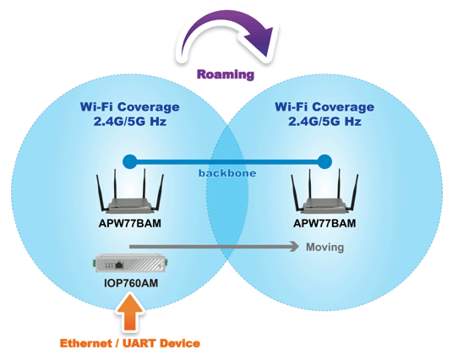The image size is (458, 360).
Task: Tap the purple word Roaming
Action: click(x=226, y=74)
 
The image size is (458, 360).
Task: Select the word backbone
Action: click(x=227, y=173)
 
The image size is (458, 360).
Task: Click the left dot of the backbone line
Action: click(x=130, y=161)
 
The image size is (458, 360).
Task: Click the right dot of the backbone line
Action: click(x=324, y=161)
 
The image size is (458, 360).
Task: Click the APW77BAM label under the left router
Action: click(x=130, y=223)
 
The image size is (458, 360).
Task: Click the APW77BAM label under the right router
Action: click(x=324, y=223)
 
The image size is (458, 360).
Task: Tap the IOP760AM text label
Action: click(x=131, y=283)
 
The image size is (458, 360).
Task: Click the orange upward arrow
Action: click(x=129, y=313)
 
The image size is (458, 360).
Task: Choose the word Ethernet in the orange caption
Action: click(x=86, y=343)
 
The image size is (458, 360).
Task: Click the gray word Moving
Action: click(x=324, y=248)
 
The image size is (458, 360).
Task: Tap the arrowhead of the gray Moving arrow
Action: click(x=294, y=247)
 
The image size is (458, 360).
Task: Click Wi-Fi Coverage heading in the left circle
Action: click(x=129, y=106)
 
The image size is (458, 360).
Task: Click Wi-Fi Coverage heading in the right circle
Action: click(x=324, y=106)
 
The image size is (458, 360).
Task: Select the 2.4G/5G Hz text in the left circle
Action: click(x=130, y=121)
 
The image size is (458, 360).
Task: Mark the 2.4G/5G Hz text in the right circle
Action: click(x=324, y=121)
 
